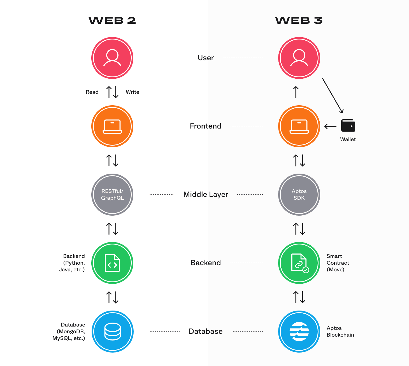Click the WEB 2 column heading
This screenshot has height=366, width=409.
point(112,20)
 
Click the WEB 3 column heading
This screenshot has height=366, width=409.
point(299,20)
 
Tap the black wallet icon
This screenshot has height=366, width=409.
point(348,126)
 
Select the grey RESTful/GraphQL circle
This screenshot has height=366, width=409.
point(112,195)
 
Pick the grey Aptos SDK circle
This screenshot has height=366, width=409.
point(299,195)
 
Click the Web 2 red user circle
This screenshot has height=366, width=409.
point(112,58)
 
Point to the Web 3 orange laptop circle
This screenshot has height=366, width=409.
point(299,126)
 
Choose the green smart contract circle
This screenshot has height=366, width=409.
point(299,263)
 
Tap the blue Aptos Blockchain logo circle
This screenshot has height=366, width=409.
point(299,331)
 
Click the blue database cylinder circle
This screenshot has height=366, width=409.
point(112,331)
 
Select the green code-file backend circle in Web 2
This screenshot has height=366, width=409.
point(112,263)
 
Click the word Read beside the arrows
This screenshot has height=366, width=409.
point(92,92)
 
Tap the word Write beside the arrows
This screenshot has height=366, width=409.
point(133,92)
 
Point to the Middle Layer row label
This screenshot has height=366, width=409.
point(206,194)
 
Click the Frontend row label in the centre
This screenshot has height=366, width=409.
point(206,126)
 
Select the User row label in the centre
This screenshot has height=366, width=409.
point(206,58)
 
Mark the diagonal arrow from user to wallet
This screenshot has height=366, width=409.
point(333,95)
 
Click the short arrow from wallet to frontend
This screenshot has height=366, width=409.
point(330,127)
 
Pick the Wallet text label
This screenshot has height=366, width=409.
point(348,139)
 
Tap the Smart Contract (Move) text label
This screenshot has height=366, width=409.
point(338,263)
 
